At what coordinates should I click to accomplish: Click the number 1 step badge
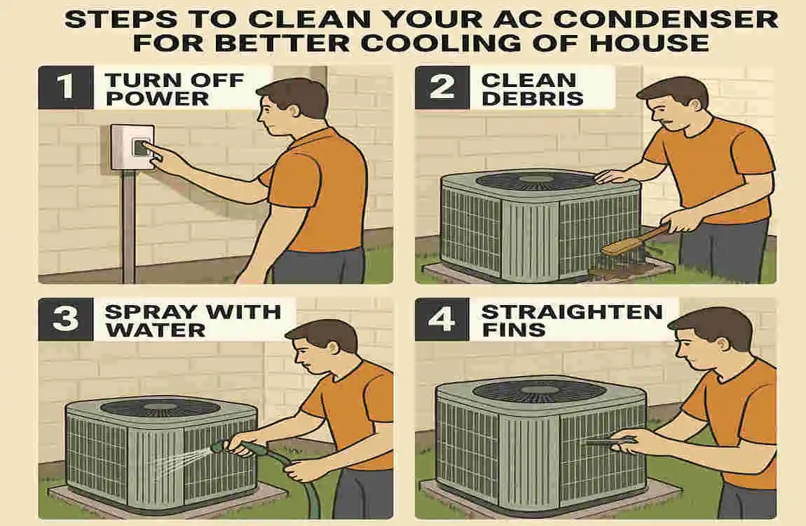coord(64,88)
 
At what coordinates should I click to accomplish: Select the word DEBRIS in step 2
coord(532,98)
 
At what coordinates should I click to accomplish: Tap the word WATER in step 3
coord(155,329)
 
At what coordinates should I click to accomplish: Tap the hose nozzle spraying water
coord(223,446)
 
